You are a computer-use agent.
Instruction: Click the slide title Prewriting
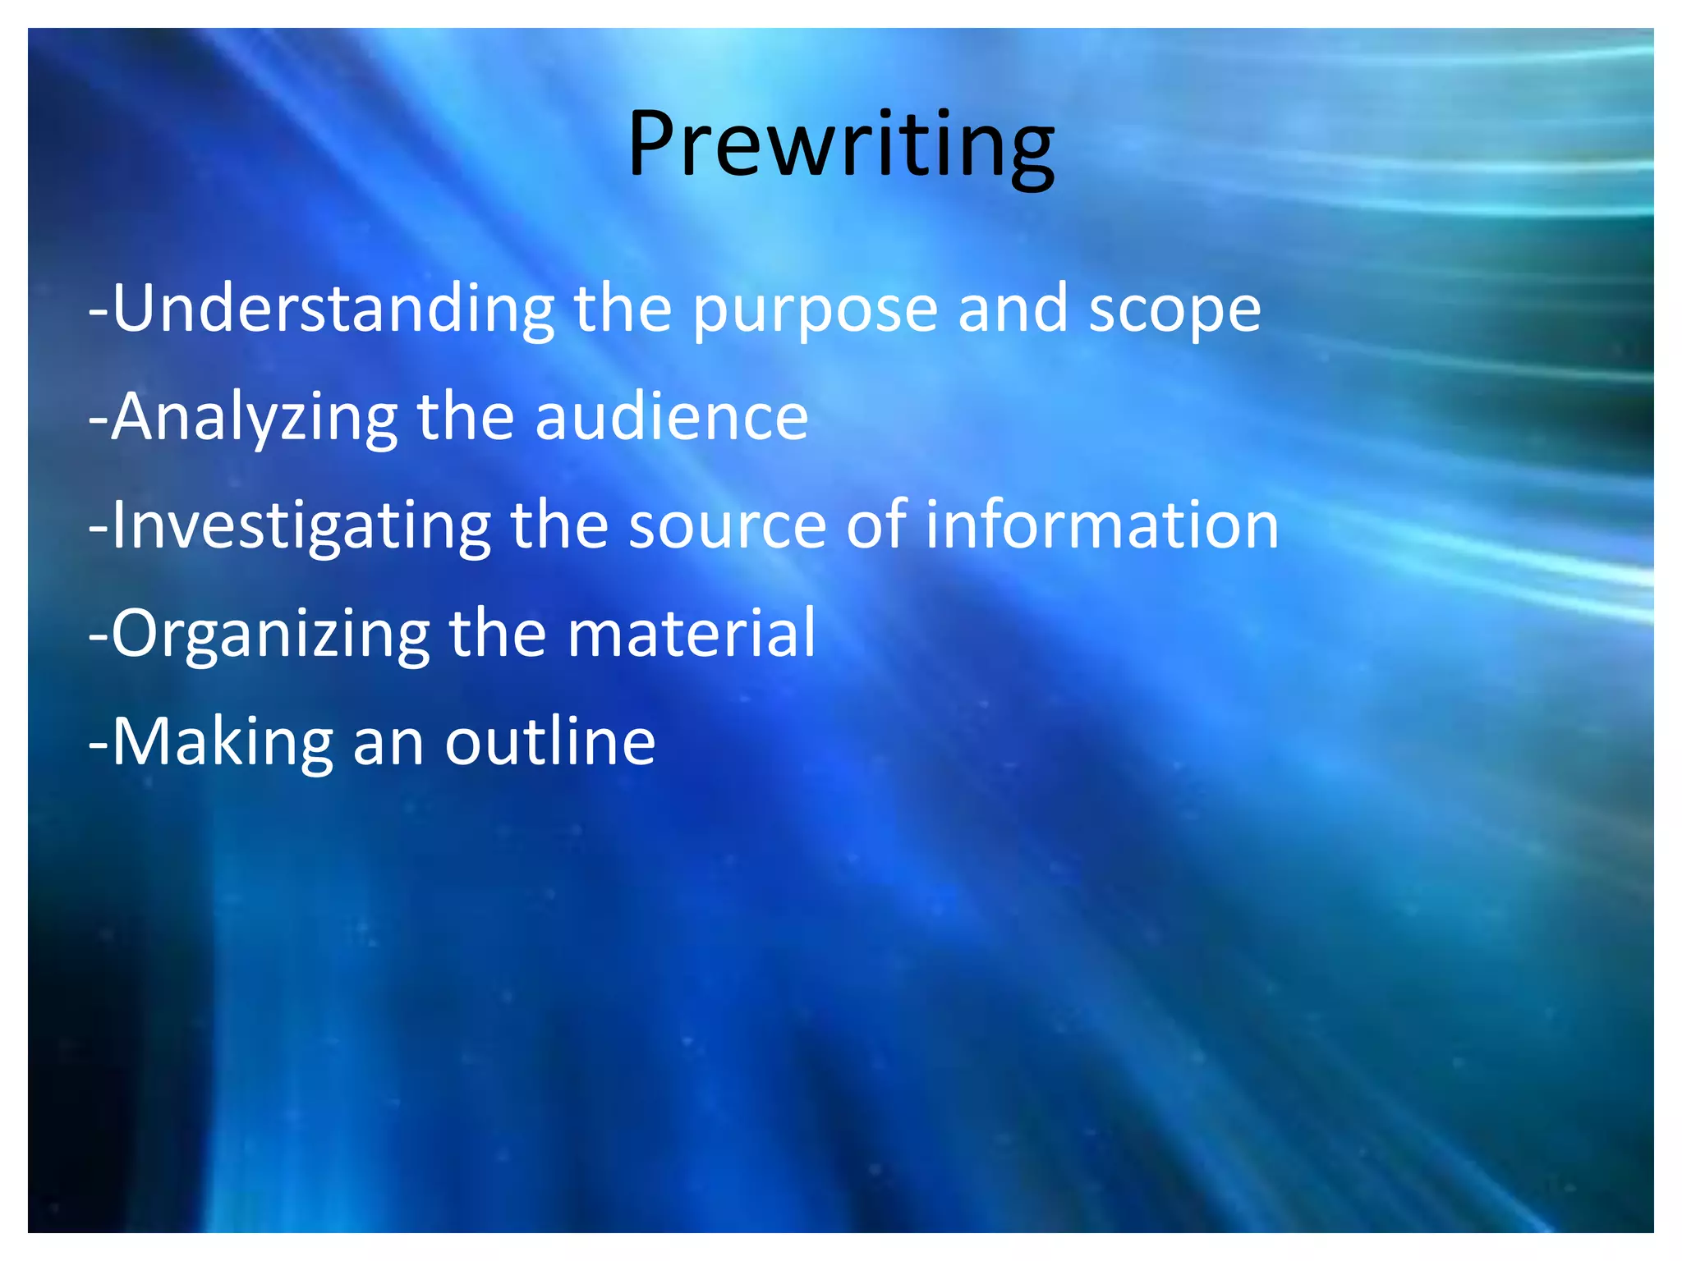coord(841,145)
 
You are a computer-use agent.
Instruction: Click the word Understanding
coord(333,310)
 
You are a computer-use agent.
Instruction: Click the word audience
coord(672,417)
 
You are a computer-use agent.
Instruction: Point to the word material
coord(692,634)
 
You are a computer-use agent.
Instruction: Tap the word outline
coord(550,742)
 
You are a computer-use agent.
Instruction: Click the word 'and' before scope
coord(1013,310)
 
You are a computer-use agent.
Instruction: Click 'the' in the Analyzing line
coord(466,417)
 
